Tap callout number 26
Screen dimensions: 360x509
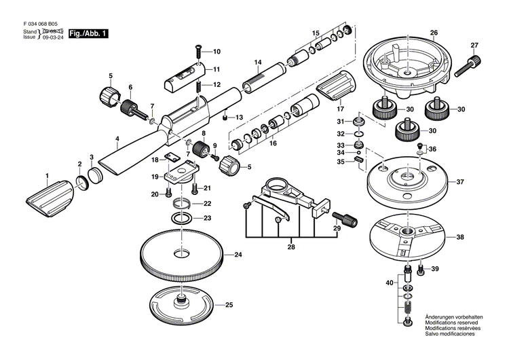(434, 33)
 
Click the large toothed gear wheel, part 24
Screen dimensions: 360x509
(181, 255)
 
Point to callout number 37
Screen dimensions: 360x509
(459, 182)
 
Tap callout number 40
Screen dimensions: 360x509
(390, 282)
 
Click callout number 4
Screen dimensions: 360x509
(117, 141)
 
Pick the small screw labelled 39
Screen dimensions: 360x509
(421, 270)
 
